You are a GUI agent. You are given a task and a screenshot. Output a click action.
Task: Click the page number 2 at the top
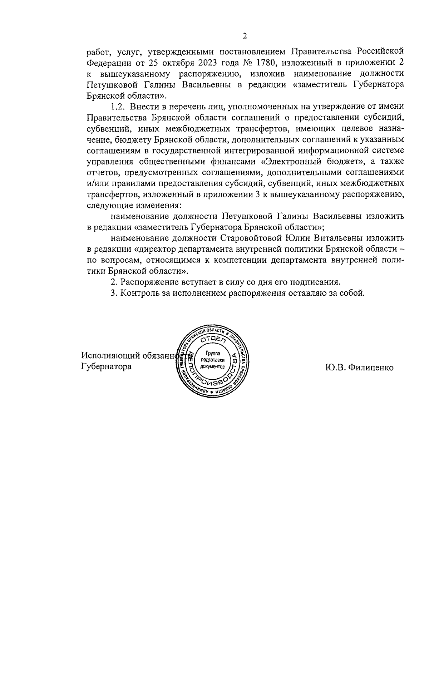click(x=245, y=36)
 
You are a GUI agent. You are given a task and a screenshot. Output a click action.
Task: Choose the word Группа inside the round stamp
click(x=213, y=354)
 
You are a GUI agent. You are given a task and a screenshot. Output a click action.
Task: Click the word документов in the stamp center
click(x=213, y=367)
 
